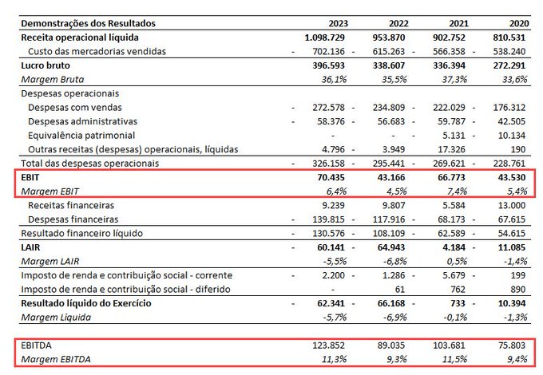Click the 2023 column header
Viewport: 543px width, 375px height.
338,23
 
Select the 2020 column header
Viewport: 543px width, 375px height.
519,23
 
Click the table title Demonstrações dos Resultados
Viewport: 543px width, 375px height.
89,23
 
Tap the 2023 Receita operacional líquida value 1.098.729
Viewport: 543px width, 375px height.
324,37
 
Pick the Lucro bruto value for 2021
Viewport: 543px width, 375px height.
449,65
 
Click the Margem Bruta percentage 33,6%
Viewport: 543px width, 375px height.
515,80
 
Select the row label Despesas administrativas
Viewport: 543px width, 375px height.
82,121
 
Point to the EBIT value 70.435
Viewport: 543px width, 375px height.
331,177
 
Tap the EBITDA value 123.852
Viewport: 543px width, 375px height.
329,345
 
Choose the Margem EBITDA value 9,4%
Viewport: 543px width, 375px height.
517,359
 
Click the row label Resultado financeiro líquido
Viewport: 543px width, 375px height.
81,234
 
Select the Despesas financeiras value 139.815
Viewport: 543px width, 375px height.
329,219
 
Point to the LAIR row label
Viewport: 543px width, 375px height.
30,247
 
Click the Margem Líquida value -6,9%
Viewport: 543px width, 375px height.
394,318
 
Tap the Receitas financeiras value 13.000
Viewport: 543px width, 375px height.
512,206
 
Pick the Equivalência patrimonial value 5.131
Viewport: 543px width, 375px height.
454,136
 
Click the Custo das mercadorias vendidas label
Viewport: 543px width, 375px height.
97,52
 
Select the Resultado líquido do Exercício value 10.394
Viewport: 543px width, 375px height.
512,303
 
